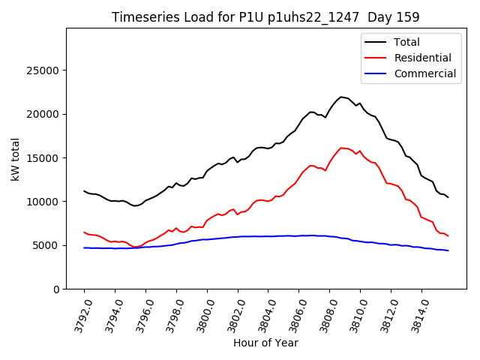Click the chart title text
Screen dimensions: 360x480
pyautogui.click(x=265, y=17)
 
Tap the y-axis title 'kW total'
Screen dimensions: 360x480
pyautogui.click(x=16, y=159)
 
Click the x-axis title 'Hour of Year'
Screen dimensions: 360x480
pyautogui.click(x=265, y=343)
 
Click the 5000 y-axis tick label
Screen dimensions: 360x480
pyautogui.click(x=46, y=245)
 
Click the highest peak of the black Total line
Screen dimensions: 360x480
pyautogui.click(x=341, y=97)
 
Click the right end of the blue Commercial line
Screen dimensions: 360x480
pyautogui.click(x=448, y=250)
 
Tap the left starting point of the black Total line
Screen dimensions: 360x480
pyautogui.click(x=84, y=190)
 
